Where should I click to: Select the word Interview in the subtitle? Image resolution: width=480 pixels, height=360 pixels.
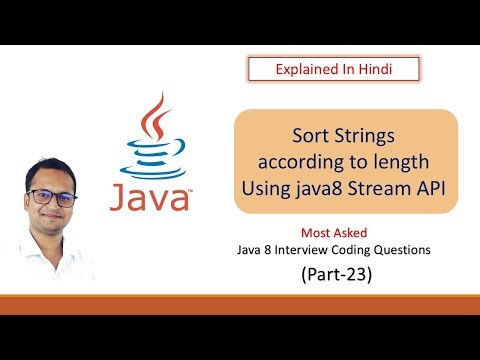pyautogui.click(x=345, y=249)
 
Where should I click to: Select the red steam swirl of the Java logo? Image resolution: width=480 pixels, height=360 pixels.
pyautogui.click(x=152, y=117)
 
